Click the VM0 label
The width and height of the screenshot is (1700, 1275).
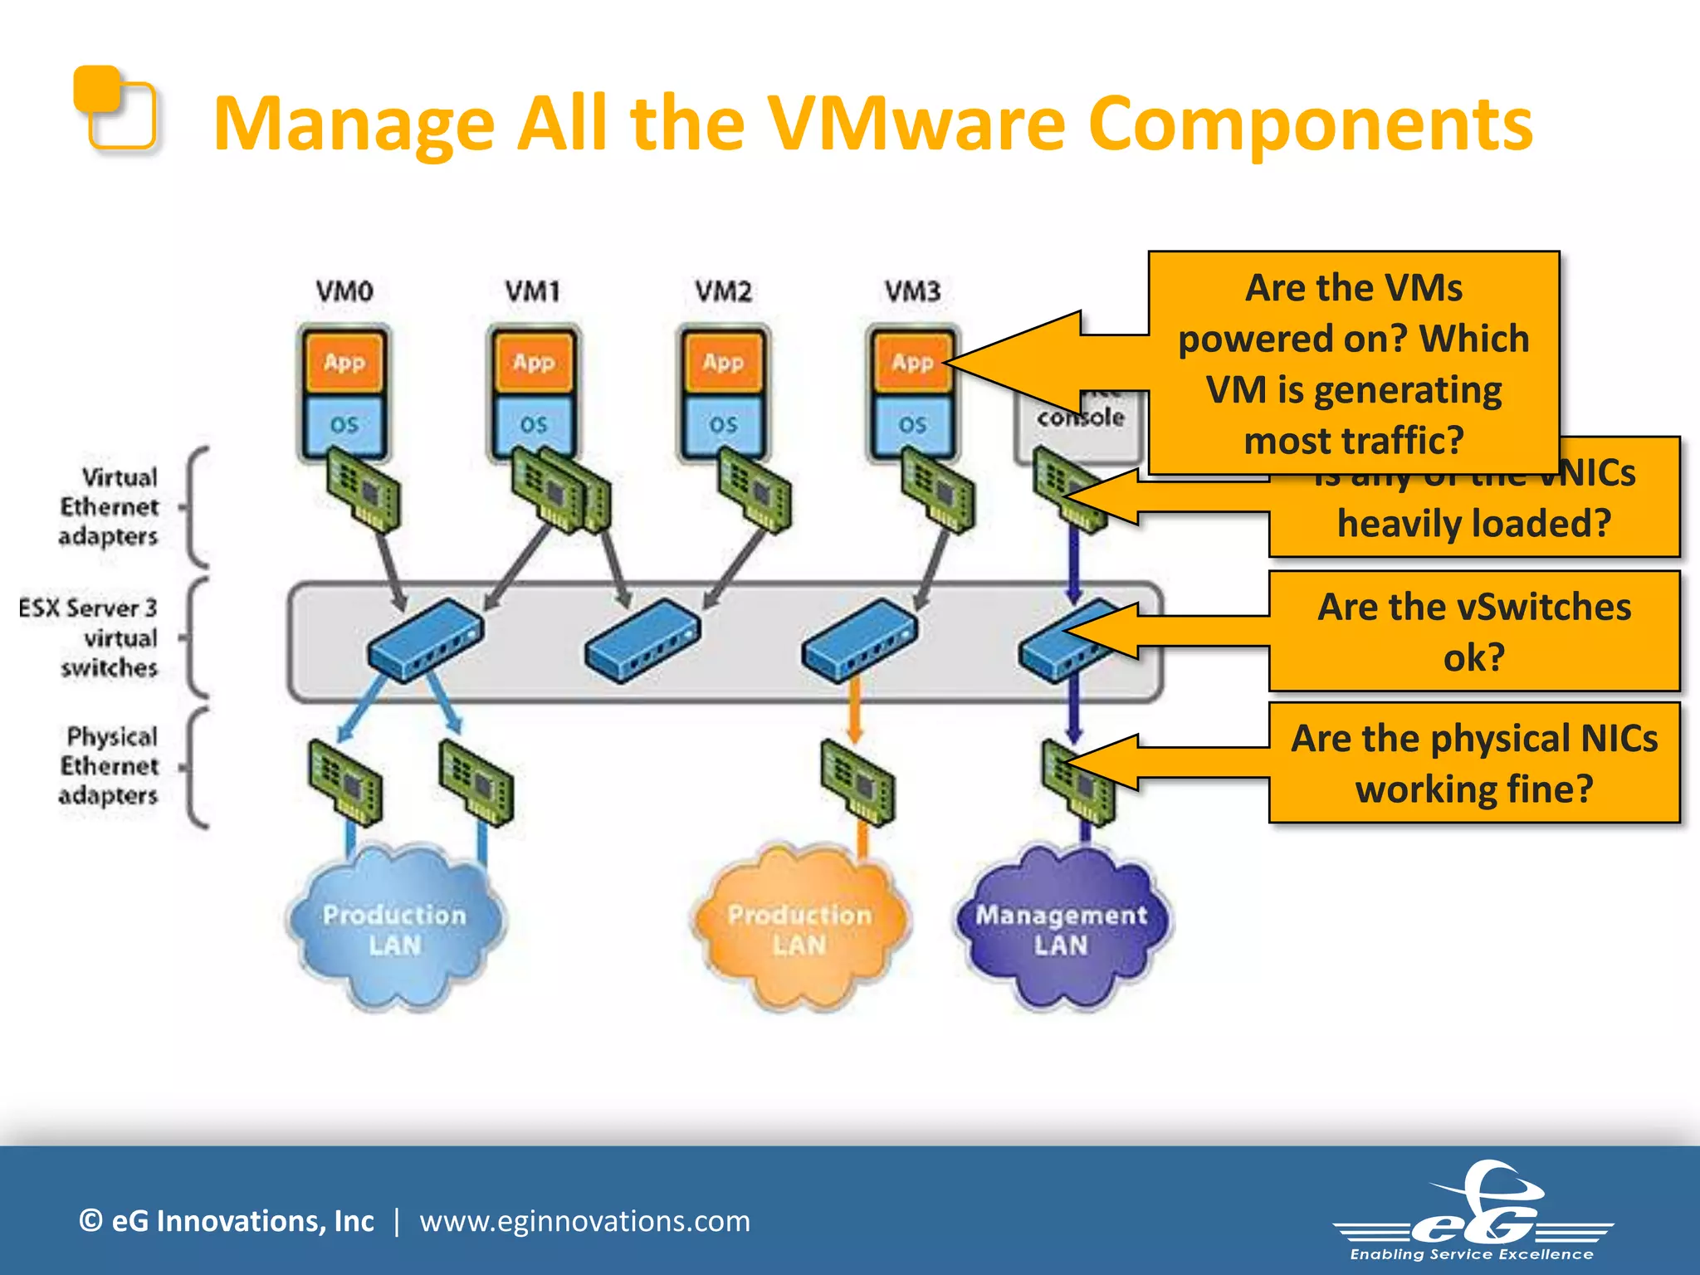344,291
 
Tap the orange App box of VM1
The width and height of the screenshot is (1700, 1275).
533,362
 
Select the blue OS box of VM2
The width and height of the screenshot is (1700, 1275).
723,424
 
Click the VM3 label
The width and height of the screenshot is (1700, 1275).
911,291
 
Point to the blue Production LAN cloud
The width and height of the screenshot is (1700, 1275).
394,930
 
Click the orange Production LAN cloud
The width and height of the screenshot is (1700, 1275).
799,930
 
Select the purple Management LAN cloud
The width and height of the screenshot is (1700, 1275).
1061,930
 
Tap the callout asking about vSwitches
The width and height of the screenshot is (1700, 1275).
1473,632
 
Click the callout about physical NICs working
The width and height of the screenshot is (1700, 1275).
1473,763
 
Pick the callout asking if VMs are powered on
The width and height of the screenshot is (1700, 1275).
1353,364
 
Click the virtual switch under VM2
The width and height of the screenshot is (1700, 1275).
642,641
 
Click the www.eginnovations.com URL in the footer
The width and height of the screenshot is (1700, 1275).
584,1221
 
